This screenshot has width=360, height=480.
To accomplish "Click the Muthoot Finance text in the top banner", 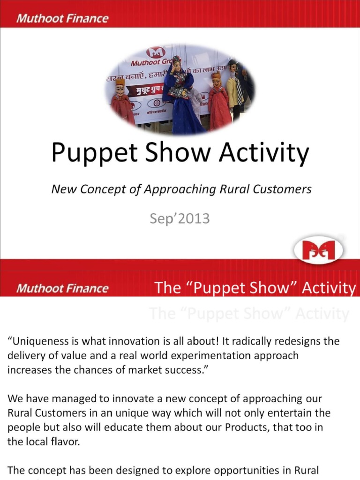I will [62, 19].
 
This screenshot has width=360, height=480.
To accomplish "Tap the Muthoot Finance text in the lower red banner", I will [62, 288].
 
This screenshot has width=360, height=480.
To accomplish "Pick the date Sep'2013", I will [180, 218].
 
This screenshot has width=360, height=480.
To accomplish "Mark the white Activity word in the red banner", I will [329, 288].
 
